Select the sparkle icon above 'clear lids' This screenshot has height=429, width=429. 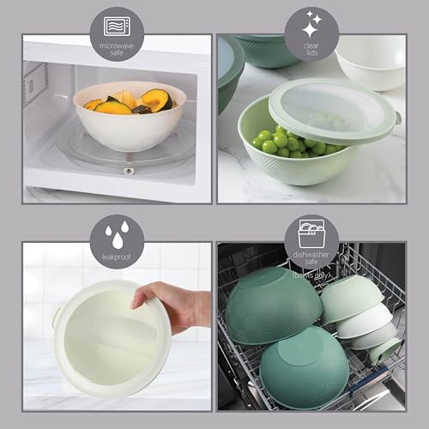(311, 21)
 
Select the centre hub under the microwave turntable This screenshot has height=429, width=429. (129, 170)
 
